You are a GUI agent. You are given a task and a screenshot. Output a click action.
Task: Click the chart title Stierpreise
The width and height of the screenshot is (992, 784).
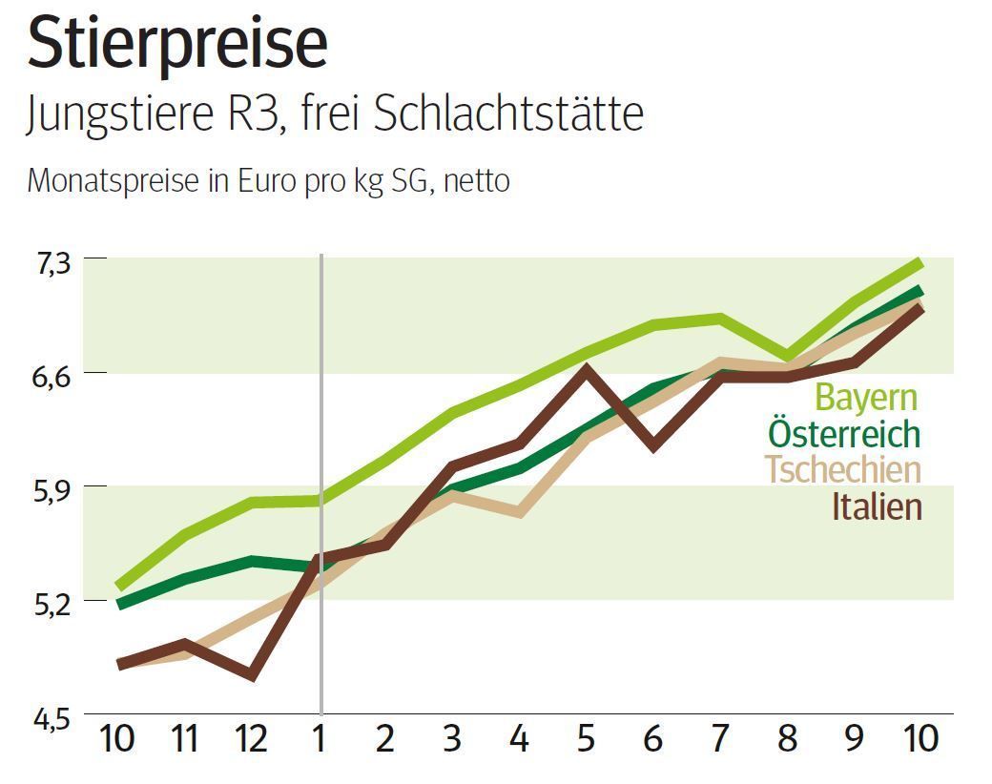(177, 43)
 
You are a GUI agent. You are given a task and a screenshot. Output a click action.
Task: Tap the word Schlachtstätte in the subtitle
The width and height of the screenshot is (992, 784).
(508, 114)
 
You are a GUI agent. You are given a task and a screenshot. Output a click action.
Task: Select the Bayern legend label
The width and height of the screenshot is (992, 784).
(866, 398)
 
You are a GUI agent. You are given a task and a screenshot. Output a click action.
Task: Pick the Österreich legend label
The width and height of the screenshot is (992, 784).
(844, 434)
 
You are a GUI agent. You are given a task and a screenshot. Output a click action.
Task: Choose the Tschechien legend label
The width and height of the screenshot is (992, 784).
(843, 469)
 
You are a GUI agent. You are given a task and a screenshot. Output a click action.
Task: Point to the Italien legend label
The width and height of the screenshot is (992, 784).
(877, 505)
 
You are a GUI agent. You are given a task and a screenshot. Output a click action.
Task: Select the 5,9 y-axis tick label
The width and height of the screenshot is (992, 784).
(53, 487)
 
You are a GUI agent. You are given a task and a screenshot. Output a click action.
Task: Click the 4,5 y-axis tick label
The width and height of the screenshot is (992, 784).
(53, 716)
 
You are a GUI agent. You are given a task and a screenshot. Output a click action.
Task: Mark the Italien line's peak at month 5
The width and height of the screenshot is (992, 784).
(587, 368)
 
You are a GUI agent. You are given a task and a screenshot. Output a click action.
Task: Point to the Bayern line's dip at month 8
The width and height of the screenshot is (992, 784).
(787, 356)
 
